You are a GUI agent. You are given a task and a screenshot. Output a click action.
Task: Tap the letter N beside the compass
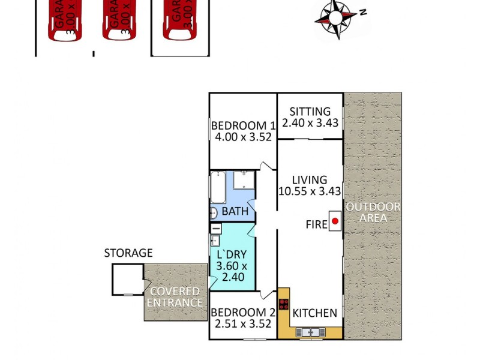point(364,12)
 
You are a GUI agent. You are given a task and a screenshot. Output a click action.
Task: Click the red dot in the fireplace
point(335,221)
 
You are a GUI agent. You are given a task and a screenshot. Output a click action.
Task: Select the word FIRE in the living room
point(317,224)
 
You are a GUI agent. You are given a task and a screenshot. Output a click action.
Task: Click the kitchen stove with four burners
point(283,304)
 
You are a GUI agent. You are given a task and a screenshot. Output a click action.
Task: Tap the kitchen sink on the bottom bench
point(311,331)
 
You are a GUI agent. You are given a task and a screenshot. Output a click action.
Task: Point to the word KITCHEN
point(314,313)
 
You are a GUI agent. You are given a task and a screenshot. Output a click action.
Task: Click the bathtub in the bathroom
point(217,187)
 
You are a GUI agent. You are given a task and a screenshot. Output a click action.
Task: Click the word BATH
point(235,211)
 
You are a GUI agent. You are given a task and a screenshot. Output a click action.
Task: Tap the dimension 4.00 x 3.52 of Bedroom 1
point(243,137)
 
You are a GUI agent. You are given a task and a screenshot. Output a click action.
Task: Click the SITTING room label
point(310,112)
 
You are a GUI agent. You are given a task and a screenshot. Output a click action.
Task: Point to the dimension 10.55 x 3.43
point(310,192)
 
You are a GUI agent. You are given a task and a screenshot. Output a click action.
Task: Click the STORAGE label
point(128,253)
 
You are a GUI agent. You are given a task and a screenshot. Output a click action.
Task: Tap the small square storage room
point(127,280)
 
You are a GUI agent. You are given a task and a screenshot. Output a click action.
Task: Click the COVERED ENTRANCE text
point(175,297)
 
